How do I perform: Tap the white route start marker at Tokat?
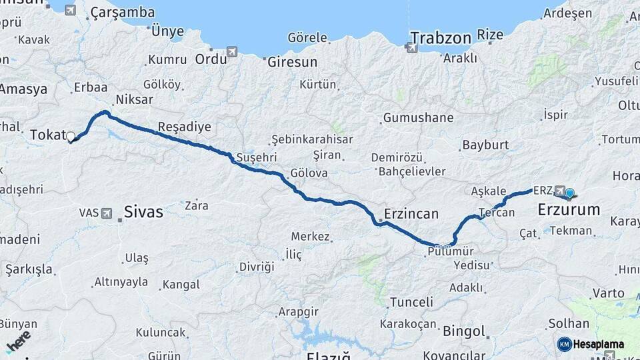coord(71,137)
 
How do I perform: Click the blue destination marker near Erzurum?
coord(569,193)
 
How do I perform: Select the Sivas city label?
coord(143,213)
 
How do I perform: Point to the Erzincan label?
coord(411,215)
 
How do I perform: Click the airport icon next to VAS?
coord(107,213)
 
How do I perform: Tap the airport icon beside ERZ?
coord(559,191)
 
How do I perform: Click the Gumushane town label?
coord(419,118)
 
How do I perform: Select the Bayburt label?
coord(485,145)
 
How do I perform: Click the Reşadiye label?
coord(185,127)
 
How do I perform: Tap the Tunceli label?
coord(411,302)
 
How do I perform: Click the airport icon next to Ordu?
coord(231,51)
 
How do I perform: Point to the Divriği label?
coord(257,267)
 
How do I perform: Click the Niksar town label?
coord(134,99)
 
